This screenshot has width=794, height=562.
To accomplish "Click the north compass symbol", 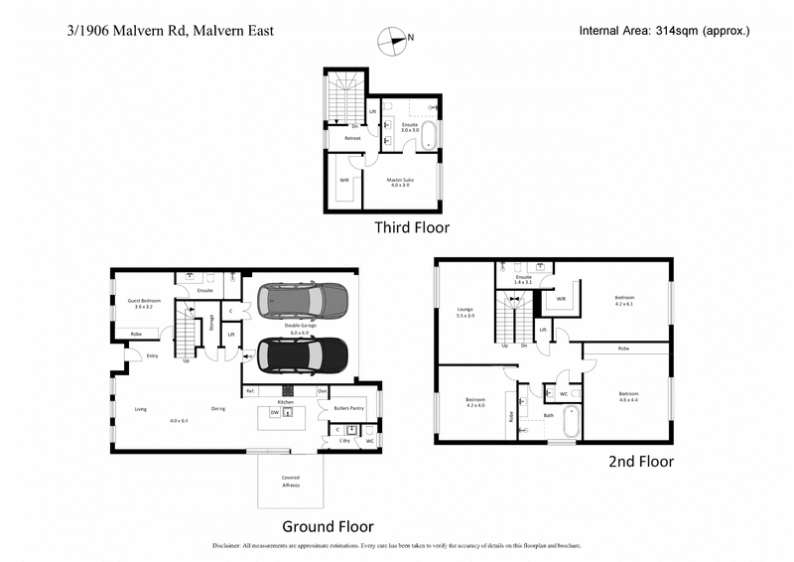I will click(x=394, y=41).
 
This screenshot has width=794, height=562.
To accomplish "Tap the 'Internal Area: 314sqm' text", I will click(x=664, y=31).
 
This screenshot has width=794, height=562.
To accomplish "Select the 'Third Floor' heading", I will click(x=411, y=227).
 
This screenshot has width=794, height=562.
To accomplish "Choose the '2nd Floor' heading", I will click(x=640, y=462).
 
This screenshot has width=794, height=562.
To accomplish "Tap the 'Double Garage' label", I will click(x=302, y=327).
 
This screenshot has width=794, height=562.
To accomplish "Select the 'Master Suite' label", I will click(x=400, y=181).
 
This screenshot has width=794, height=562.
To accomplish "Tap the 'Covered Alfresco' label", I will click(x=289, y=482).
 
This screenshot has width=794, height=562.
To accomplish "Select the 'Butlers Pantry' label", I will click(x=348, y=408).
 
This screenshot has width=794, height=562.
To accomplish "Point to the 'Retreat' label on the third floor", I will click(x=352, y=139).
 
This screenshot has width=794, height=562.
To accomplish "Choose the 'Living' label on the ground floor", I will click(x=141, y=407).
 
